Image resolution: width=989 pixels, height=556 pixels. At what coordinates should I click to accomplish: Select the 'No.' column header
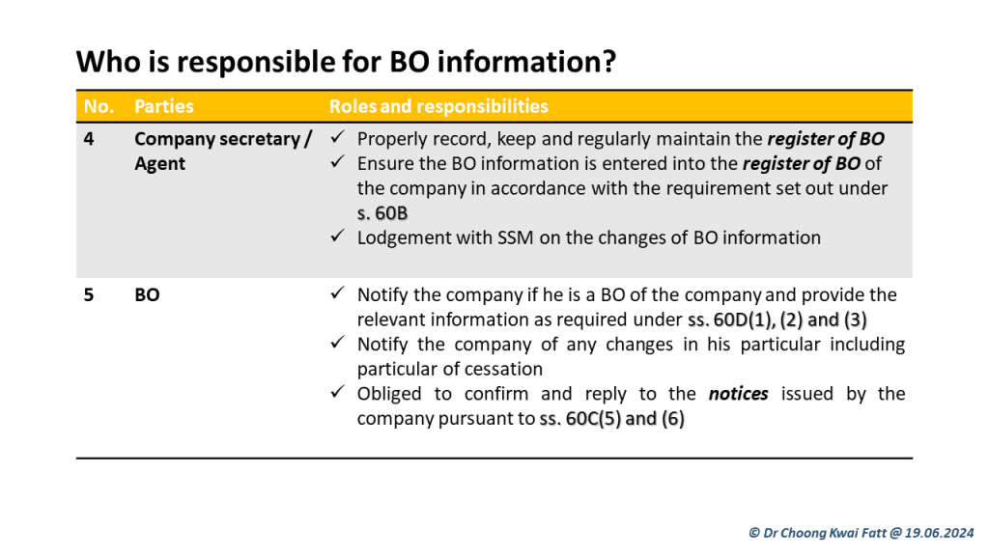(x=99, y=106)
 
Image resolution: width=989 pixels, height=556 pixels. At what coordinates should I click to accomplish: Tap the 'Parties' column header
(x=164, y=106)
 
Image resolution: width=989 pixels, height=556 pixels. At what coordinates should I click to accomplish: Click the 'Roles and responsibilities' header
(x=438, y=106)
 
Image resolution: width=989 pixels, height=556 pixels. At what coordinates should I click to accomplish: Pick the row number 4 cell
(x=89, y=139)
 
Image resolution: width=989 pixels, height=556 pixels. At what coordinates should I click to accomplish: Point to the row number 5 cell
(x=89, y=295)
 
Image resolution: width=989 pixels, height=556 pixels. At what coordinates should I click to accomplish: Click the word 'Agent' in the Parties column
(x=159, y=164)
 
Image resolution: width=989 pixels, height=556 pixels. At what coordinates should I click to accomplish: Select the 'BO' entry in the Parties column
(x=147, y=295)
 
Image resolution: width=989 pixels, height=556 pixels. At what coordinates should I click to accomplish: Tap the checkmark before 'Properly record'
(x=337, y=136)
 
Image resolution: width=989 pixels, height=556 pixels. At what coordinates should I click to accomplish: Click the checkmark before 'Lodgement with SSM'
(x=337, y=236)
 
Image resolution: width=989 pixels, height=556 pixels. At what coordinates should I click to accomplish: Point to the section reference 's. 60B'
(x=382, y=213)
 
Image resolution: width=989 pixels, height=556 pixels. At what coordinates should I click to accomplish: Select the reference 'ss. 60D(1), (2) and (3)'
(x=777, y=320)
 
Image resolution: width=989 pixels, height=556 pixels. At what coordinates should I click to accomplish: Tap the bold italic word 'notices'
(x=738, y=394)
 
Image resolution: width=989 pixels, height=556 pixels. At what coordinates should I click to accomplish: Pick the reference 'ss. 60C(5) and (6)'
(x=611, y=419)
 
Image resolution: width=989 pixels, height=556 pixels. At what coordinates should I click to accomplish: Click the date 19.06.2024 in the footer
(x=939, y=533)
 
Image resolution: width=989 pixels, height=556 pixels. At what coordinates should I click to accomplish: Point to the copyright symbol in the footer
(x=754, y=533)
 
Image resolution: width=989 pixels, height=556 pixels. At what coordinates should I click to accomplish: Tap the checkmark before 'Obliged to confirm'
(x=337, y=392)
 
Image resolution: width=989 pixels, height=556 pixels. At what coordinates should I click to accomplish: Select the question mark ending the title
(x=608, y=62)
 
